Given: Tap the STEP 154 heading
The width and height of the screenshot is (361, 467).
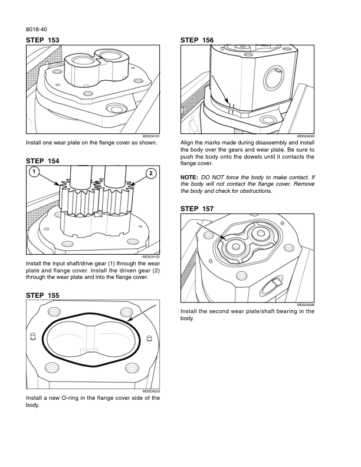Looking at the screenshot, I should (x=43, y=161).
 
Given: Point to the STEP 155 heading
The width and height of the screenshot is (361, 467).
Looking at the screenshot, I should (x=43, y=294).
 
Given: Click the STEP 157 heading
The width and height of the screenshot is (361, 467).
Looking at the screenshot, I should (x=196, y=209).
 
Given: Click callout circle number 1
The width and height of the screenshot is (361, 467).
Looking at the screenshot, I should (x=35, y=172).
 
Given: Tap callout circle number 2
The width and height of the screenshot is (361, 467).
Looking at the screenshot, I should (x=151, y=173).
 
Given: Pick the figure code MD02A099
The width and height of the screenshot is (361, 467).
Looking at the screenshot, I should (x=306, y=136).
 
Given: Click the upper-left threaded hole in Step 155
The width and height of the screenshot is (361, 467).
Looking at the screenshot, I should (x=54, y=312).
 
